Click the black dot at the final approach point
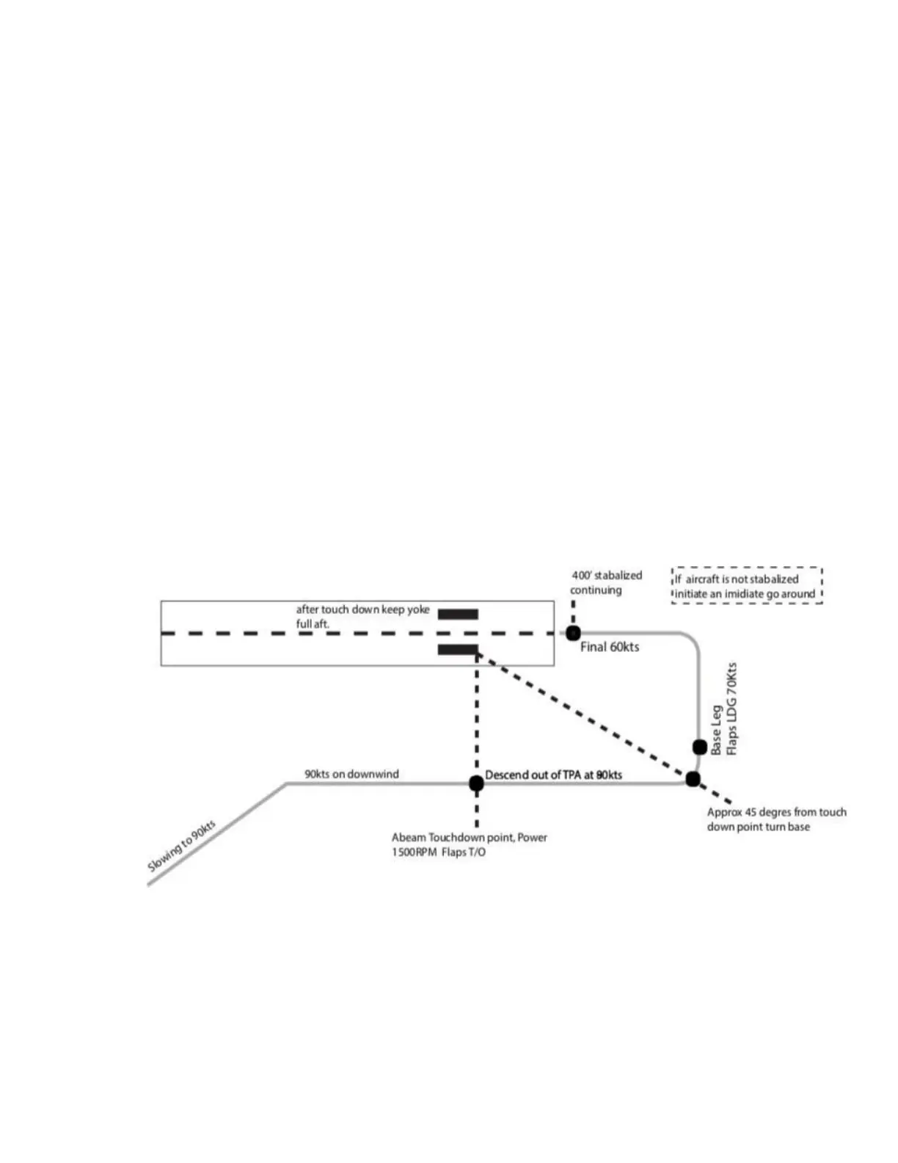[x=573, y=633]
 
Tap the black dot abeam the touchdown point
[x=476, y=783]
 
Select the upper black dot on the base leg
[x=700, y=747]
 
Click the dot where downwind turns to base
[x=693, y=779]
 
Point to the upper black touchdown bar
[x=458, y=615]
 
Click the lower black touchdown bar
[x=458, y=649]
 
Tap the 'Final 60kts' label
[x=609, y=647]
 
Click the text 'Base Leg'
[x=716, y=730]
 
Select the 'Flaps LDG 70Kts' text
[x=731, y=709]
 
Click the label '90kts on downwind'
[x=351, y=774]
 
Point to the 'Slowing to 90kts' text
[x=181, y=846]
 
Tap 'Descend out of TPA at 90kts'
[x=553, y=775]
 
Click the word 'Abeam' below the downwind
[x=408, y=838]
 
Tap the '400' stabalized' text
[x=607, y=576]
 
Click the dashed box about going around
[x=746, y=586]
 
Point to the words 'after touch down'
[x=337, y=609]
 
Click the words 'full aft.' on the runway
[x=313, y=624]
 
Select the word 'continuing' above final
[x=596, y=590]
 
